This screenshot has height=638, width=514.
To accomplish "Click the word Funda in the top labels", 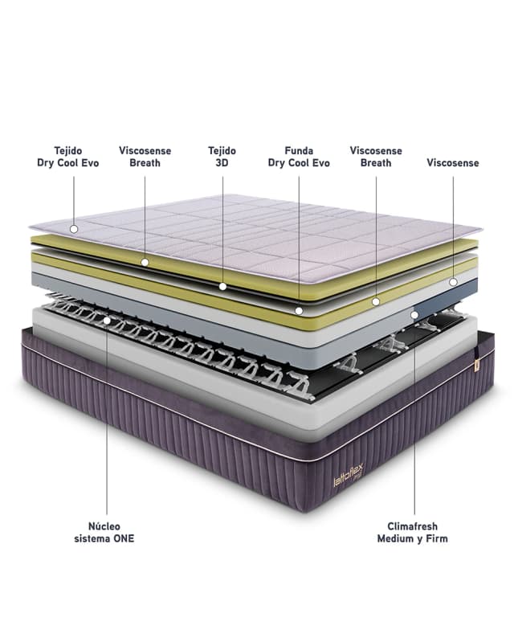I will click(x=299, y=150).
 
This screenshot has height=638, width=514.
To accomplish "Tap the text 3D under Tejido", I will click(x=222, y=163).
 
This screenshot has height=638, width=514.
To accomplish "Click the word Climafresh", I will click(x=413, y=526).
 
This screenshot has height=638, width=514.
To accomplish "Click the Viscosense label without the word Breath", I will click(x=452, y=163).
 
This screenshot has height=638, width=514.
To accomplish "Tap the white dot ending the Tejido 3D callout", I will click(x=222, y=285).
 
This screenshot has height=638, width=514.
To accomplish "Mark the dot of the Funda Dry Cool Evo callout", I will click(x=299, y=310).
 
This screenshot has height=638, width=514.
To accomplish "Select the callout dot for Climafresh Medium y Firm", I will click(x=414, y=315).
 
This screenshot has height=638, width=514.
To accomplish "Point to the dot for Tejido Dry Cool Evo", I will click(x=73, y=229).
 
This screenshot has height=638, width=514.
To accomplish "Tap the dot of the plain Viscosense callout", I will click(x=453, y=282).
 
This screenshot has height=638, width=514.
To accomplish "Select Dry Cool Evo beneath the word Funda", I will click(x=299, y=163).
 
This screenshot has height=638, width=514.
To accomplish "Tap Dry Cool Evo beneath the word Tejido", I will click(x=67, y=163).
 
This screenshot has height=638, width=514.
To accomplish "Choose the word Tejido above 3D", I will click(x=222, y=150).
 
